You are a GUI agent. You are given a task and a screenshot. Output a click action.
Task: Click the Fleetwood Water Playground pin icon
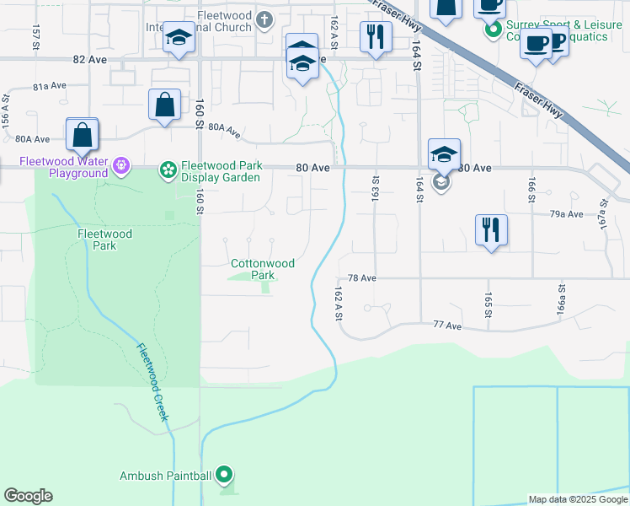(121, 165)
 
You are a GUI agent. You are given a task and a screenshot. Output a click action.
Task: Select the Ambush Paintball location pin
(223, 476)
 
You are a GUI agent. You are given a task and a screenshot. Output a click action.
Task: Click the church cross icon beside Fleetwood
(264, 19)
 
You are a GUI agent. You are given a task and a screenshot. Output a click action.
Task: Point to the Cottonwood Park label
(263, 269)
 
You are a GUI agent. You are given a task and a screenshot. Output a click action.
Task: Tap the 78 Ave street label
(361, 277)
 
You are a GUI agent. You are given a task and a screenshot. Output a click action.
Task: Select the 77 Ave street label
(447, 326)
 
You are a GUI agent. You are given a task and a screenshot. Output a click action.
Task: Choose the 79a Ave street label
(567, 214)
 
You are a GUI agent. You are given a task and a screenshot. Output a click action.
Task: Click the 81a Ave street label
(50, 87)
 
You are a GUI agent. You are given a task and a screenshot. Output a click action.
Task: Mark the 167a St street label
(604, 214)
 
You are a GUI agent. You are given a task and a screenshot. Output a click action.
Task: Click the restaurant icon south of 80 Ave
(490, 229)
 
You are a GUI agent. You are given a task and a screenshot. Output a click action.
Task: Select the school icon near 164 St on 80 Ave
(444, 154)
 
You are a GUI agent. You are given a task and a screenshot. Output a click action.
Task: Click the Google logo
(28, 496)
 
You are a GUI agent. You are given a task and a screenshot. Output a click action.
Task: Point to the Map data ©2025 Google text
(579, 499)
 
